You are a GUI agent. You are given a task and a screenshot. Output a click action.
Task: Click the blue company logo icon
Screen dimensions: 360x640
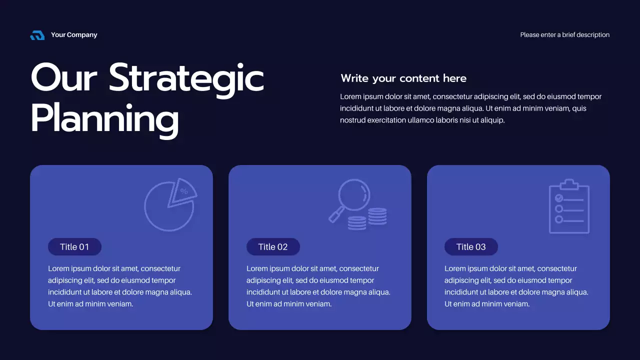37,35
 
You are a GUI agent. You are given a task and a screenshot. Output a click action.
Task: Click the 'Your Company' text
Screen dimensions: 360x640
74,35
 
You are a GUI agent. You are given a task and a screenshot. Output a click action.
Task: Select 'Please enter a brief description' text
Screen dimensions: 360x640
564,35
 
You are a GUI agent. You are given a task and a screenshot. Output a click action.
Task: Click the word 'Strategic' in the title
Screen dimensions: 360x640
186,77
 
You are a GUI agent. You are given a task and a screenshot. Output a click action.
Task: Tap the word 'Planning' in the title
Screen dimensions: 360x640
104,118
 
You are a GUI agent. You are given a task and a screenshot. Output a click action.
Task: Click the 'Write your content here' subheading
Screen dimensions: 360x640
403,78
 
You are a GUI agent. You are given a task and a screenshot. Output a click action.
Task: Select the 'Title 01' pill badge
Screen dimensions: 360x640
74,247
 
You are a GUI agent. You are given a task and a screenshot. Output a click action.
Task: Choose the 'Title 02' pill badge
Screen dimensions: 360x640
273,247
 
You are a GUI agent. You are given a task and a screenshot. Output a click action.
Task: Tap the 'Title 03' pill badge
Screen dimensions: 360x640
471,247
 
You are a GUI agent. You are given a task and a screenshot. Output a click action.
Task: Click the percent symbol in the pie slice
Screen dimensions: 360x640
184,191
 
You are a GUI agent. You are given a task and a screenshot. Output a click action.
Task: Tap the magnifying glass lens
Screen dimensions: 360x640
354,194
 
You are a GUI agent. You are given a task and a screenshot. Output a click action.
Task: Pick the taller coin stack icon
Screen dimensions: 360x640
377,216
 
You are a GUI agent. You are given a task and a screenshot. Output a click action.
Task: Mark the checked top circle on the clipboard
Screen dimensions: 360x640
559,198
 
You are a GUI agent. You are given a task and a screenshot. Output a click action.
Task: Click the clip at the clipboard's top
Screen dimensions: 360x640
569,184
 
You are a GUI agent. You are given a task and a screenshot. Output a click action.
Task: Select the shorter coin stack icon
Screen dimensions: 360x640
357,223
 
